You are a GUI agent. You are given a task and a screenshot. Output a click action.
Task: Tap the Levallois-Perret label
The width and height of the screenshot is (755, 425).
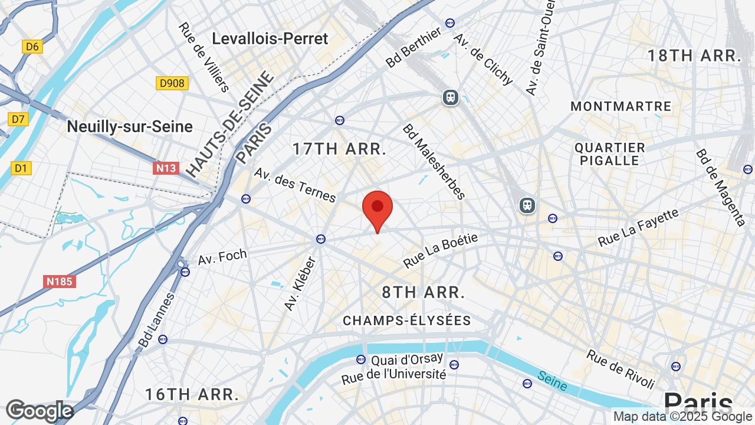point(270,39)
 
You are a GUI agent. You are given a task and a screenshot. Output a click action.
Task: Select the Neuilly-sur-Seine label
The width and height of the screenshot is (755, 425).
point(130,126)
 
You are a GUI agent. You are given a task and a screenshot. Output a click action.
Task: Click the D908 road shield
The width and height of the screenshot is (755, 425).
point(172,83)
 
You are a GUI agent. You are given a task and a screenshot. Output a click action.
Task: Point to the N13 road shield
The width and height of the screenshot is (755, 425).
point(166,168)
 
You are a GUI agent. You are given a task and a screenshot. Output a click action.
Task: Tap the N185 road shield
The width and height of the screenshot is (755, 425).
point(60,282)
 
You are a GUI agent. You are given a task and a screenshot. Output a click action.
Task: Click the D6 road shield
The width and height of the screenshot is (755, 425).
point(32,47)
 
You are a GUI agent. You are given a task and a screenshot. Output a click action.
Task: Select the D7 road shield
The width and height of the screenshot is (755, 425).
point(18,120)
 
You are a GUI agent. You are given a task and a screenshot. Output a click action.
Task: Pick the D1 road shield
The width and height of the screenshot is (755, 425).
point(21,168)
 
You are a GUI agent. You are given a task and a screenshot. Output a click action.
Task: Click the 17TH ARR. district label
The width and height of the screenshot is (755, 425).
point(339,149)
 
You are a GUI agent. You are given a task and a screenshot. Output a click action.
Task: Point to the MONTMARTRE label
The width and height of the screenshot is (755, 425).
point(621,106)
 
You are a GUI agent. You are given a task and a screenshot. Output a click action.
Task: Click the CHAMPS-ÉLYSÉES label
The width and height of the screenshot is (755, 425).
point(407,321)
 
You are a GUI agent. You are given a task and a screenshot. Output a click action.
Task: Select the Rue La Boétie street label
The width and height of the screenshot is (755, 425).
point(440,250)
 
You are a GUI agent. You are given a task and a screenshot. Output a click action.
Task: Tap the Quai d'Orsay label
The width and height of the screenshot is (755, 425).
point(407,359)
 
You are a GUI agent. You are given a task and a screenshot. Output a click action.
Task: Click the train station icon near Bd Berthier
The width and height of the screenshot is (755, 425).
point(451,97)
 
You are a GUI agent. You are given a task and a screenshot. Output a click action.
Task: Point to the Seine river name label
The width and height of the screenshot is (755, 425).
point(552,382)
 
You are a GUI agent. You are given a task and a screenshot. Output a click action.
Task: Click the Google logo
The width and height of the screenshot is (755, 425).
point(39,411)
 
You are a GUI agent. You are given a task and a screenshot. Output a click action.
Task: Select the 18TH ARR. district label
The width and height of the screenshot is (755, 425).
point(694,56)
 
